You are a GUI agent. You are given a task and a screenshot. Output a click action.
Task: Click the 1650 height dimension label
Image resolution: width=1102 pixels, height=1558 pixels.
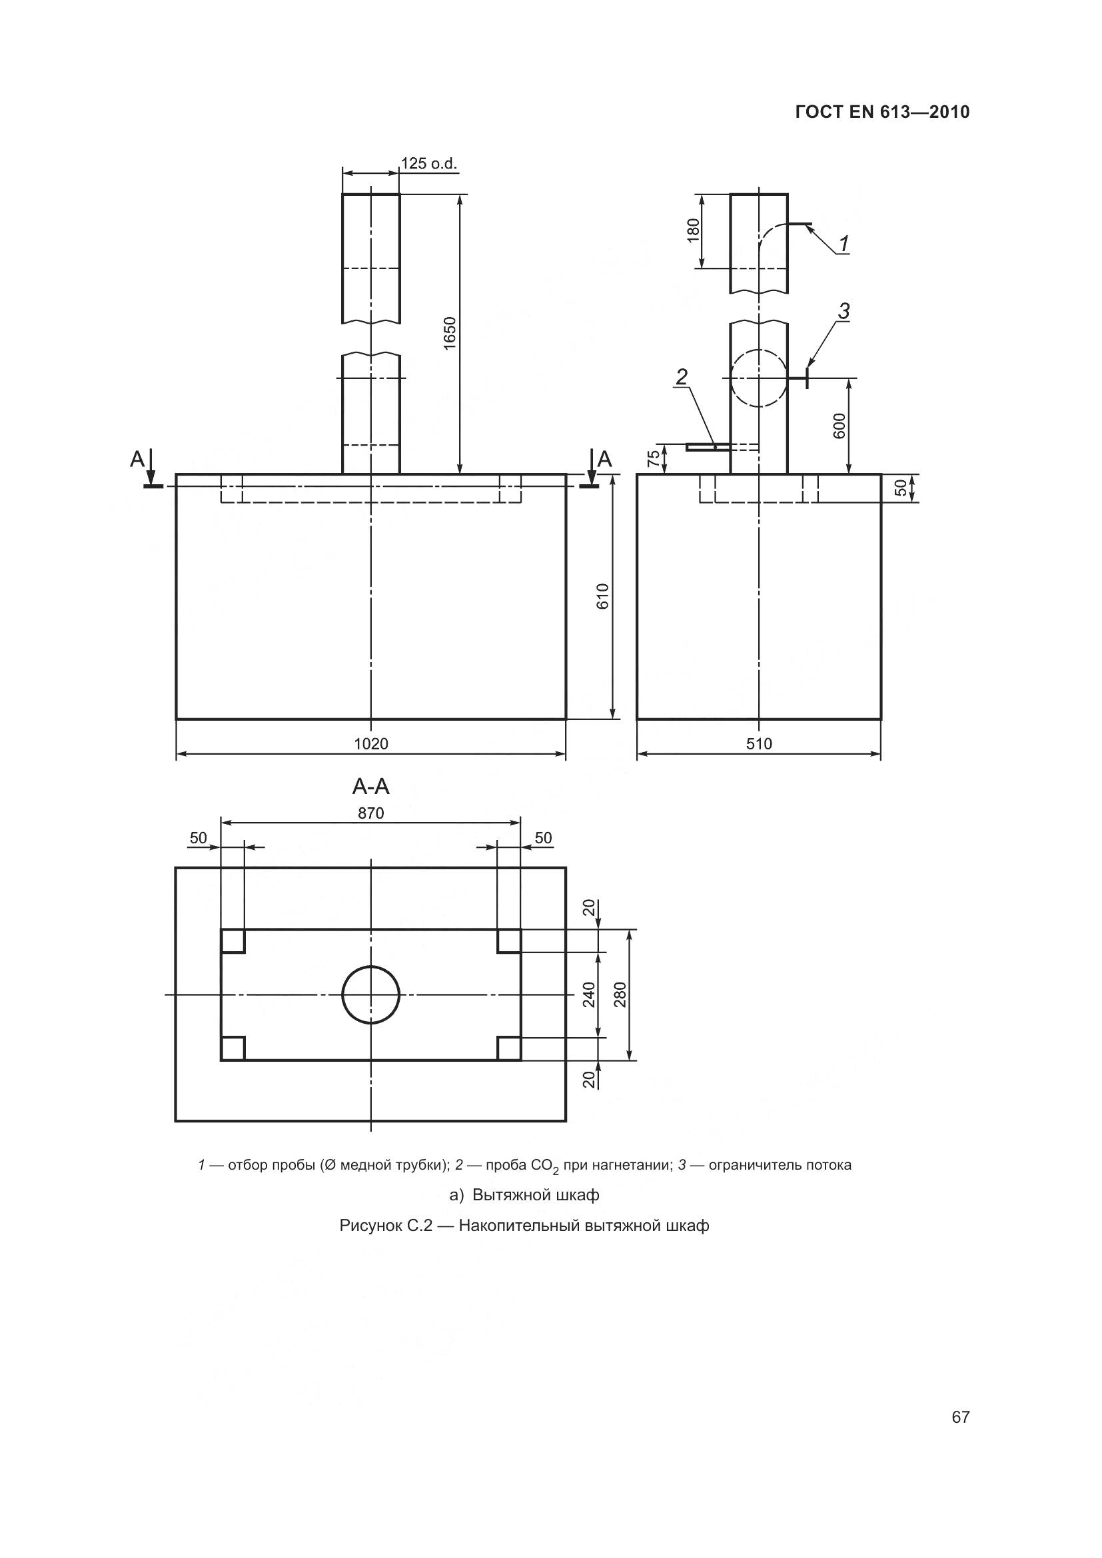tap(450, 333)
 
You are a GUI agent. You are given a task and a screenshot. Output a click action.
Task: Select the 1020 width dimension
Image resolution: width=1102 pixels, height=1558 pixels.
tap(371, 744)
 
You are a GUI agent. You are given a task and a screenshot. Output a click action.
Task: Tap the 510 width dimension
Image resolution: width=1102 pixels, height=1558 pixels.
tap(760, 744)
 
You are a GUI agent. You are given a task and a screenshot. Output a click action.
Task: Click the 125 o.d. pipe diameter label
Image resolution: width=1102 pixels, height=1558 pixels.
tap(429, 164)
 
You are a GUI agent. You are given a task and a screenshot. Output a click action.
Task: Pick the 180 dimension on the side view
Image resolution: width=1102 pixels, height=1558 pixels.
tap(693, 230)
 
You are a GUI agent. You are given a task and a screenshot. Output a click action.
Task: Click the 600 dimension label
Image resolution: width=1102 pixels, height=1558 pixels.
tap(839, 426)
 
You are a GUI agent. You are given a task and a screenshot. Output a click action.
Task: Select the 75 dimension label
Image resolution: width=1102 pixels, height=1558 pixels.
tap(654, 459)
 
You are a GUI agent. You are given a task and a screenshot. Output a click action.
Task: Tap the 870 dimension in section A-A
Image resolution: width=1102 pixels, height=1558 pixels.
tap(371, 813)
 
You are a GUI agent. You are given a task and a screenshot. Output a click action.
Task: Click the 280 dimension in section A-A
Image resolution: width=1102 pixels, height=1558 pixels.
tap(620, 994)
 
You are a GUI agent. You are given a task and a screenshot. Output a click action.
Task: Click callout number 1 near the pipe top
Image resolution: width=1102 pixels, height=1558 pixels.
tap(843, 244)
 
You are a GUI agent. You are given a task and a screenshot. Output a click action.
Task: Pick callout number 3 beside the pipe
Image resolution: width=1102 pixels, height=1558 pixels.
tap(843, 312)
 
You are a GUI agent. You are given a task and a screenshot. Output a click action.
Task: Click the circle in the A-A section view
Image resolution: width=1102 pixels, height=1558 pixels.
tap(371, 994)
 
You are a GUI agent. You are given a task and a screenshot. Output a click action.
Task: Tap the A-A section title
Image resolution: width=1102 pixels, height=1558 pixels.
tap(371, 787)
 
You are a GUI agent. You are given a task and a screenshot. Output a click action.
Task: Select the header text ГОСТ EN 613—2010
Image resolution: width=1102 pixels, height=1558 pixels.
tap(882, 112)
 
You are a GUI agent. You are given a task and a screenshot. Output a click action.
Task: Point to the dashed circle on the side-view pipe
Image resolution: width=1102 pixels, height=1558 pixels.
tap(760, 377)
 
